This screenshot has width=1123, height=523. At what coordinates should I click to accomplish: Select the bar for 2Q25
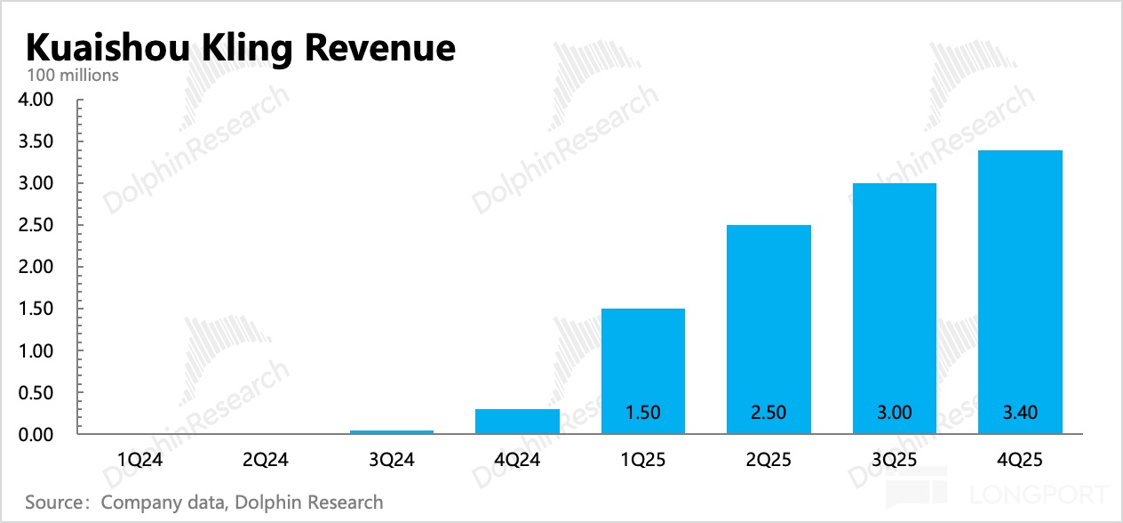point(769,320)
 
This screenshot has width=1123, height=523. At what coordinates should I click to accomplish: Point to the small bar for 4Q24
point(517,422)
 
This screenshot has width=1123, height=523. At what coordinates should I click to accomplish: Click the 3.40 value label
point(1020,412)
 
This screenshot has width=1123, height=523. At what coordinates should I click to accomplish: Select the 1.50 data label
point(642,412)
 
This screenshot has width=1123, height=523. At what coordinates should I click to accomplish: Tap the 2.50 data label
point(769,412)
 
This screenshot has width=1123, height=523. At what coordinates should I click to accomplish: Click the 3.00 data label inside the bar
point(894,412)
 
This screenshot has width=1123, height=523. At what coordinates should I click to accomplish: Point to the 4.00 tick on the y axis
point(36,100)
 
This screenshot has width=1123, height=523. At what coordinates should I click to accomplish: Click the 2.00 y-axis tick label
point(36,267)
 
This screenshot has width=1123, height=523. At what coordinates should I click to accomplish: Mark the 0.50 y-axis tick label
point(36,393)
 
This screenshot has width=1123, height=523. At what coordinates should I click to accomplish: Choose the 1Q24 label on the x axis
point(140,460)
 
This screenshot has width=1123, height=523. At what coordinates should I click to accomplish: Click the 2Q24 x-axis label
point(266,460)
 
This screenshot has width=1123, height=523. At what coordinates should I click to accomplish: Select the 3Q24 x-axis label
point(392,460)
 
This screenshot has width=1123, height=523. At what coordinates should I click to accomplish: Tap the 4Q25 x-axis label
point(1020,460)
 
